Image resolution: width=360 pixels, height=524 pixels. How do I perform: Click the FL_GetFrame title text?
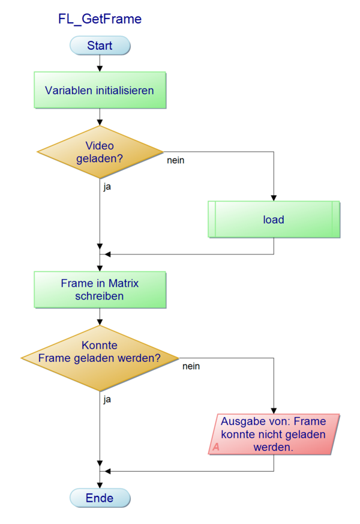100,19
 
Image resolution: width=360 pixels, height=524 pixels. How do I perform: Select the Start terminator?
100,46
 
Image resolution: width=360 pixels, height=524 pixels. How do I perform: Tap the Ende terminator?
100,498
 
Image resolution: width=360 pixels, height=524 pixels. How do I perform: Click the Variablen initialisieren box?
100,91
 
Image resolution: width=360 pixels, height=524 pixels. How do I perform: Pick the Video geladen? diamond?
100,152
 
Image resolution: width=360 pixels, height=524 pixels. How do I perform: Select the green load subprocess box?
274,220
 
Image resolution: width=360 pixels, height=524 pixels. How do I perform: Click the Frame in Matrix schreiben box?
100,289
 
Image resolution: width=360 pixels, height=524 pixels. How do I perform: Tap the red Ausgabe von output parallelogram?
274,434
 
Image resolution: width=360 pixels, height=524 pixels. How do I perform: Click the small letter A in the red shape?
216,447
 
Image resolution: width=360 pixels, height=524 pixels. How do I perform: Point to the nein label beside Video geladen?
175,160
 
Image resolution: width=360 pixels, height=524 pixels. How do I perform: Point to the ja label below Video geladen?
107,186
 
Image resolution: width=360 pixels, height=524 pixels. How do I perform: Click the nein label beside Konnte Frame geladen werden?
191,366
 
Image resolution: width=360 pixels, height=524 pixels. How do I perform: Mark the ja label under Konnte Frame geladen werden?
107,398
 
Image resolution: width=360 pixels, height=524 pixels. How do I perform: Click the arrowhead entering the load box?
274,198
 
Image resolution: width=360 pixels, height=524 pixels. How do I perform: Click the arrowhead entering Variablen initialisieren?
100,68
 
